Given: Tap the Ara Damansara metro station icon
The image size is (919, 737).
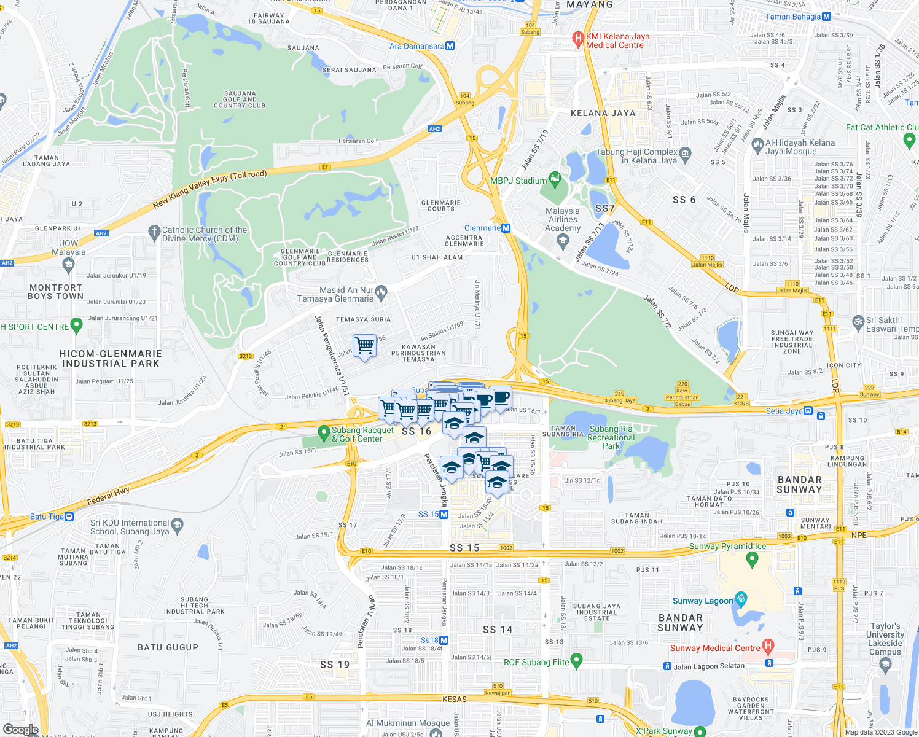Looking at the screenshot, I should pos(450,46).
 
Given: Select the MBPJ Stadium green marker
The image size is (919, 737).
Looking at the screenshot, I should pos(555,179).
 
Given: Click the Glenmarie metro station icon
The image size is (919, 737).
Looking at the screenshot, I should pos(506,228).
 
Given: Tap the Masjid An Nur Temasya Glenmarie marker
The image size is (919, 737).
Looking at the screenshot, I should pos(381,291).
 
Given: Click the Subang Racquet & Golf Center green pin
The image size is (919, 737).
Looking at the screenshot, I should pos(324,433).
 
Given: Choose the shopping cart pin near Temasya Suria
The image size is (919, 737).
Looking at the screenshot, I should pos(365,346).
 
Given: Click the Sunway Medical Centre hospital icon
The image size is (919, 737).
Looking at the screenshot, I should pos(767,646).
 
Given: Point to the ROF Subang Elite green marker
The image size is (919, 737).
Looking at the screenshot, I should pos(576,660).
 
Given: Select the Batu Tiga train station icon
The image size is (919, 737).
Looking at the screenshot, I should pos(69,517).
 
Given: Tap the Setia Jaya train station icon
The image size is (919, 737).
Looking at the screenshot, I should pos(808,411).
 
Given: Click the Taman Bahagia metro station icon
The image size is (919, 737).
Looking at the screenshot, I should pos(827,17).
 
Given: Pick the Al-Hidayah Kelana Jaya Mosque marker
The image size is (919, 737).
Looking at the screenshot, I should pos(757,147).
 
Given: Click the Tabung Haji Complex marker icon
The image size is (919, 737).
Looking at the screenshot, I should pos(686,153).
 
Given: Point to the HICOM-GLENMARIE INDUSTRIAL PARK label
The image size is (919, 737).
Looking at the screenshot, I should pos(111,359).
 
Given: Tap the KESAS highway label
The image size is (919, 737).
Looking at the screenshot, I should pos(455,699).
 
